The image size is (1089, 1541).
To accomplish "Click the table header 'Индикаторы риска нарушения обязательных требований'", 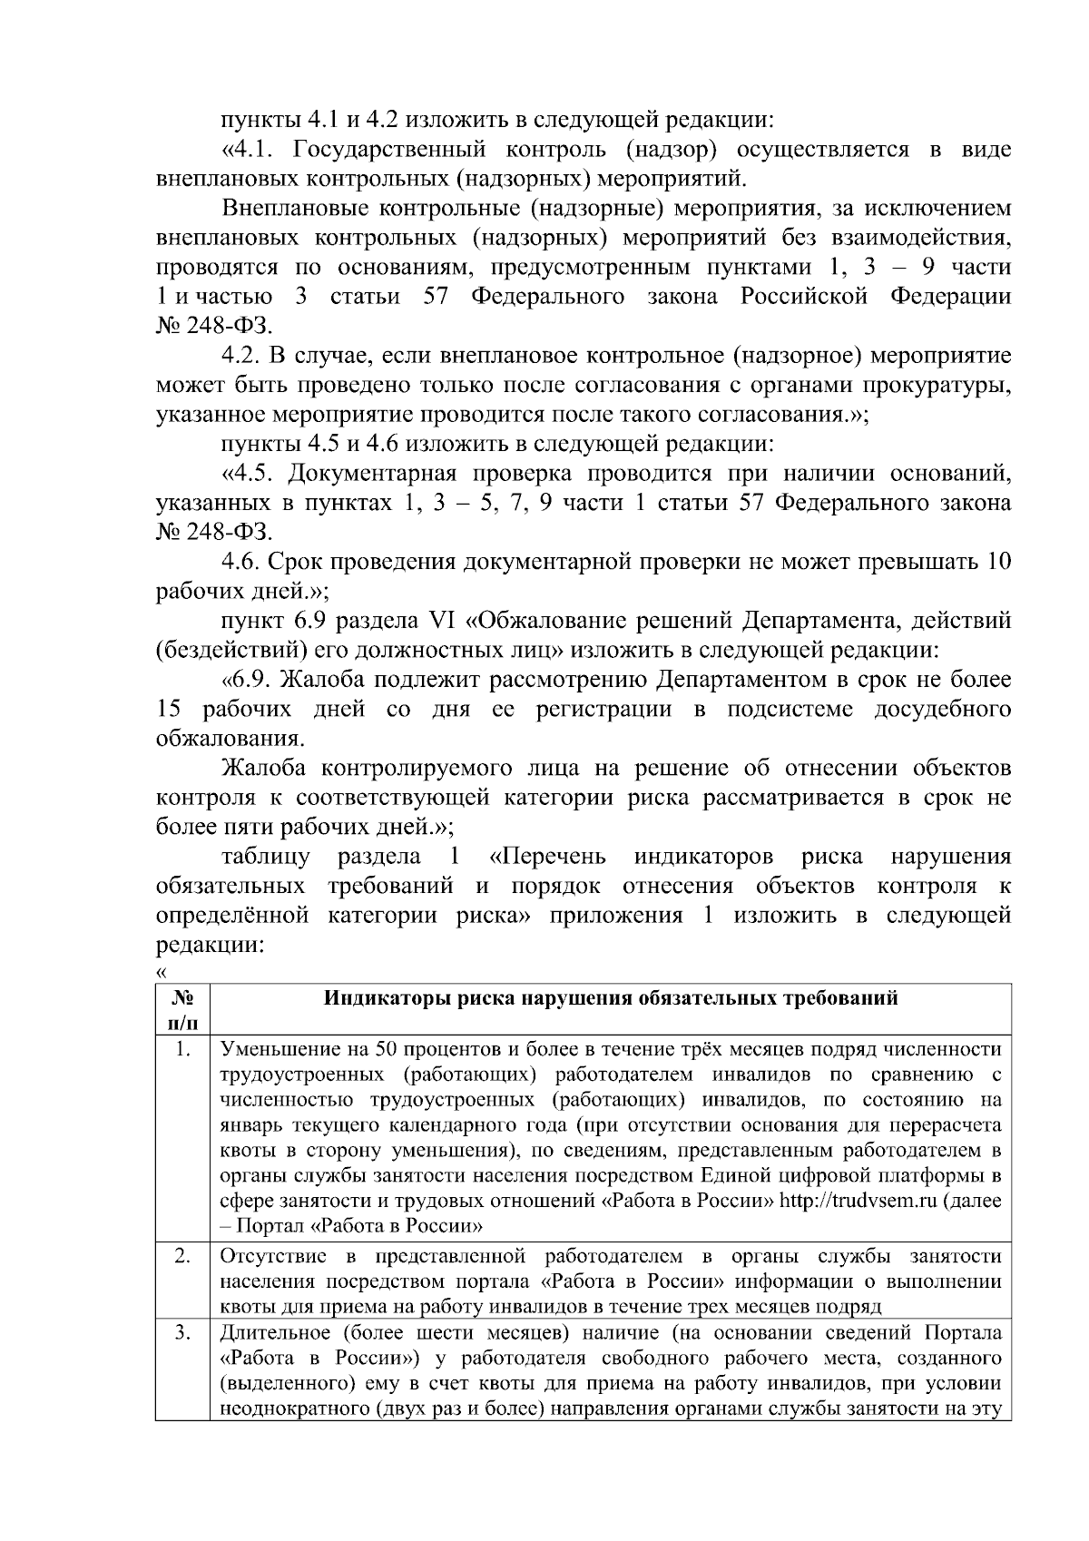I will click(611, 999).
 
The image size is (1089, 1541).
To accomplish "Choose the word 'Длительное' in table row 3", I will click(270, 1333).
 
